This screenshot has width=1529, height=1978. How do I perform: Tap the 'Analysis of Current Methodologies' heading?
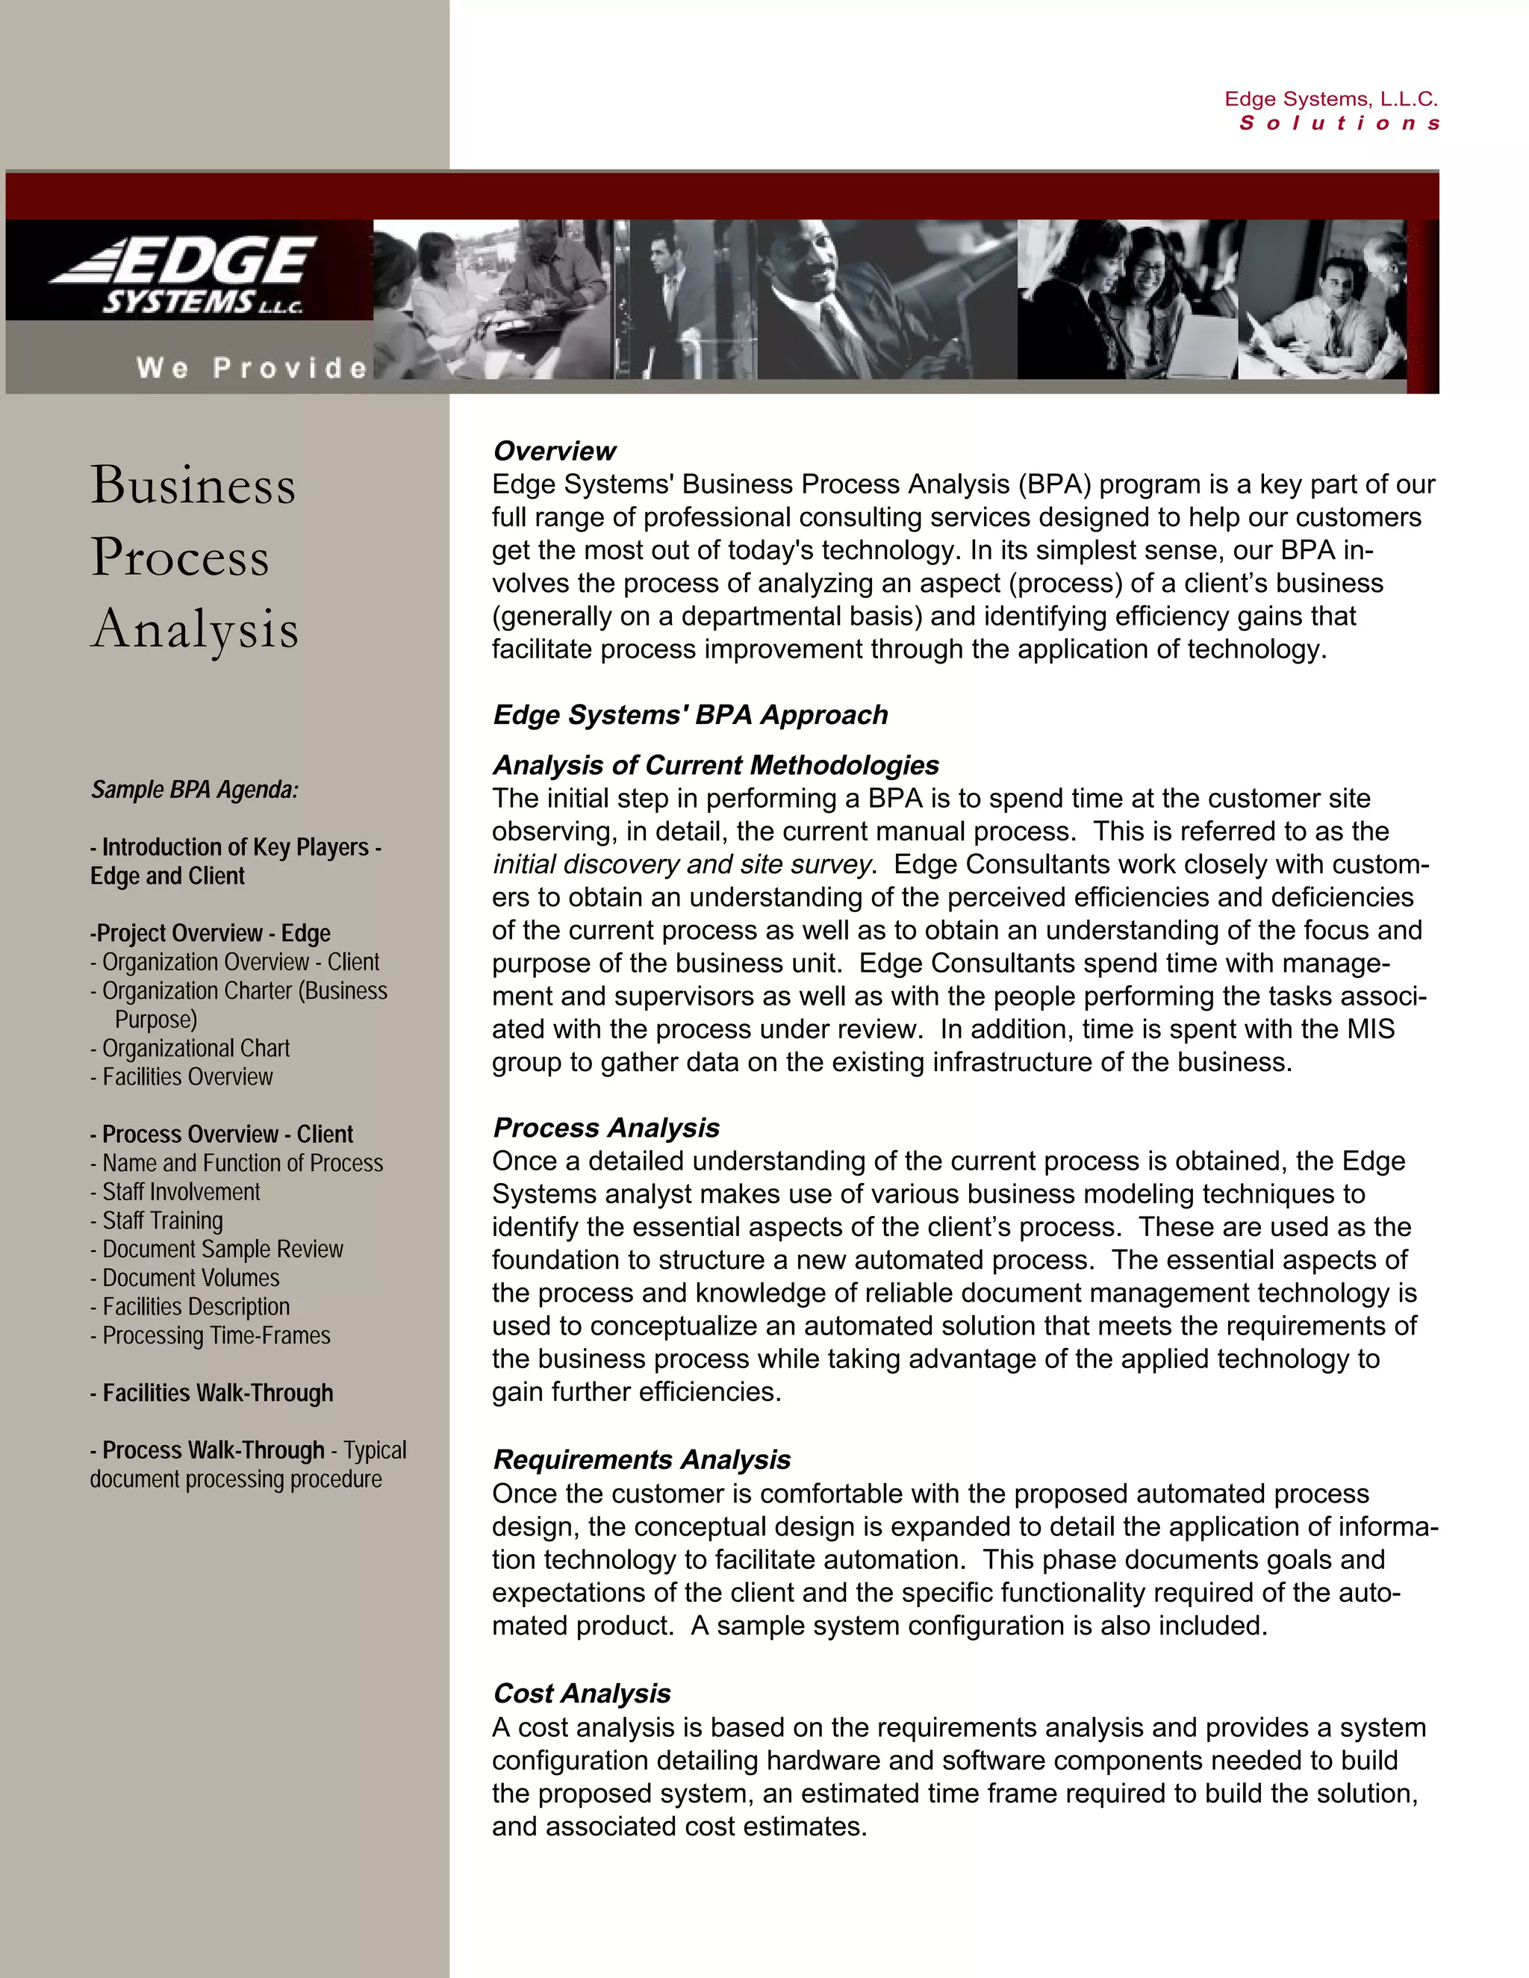coord(715,765)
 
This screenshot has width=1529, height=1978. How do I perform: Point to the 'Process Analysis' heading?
coord(606,1128)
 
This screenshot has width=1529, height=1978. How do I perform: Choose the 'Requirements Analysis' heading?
coord(641,1460)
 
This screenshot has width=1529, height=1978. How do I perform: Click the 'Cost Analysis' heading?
coord(582,1694)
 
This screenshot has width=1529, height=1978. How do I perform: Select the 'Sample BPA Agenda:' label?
coord(194,790)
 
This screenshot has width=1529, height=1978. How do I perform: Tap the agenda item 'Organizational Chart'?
coord(196,1048)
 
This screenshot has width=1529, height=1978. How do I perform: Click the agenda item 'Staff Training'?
coord(162,1221)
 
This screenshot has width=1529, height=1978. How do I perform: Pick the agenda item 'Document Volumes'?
coord(190,1278)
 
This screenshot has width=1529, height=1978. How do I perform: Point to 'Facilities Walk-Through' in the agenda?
coord(217,1393)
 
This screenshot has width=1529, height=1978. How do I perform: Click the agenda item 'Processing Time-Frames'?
coord(216,1336)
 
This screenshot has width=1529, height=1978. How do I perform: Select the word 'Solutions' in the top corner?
coord(1339,123)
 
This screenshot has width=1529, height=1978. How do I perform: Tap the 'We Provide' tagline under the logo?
coord(252,368)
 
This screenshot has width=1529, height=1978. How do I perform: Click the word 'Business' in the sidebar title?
coord(193,484)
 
